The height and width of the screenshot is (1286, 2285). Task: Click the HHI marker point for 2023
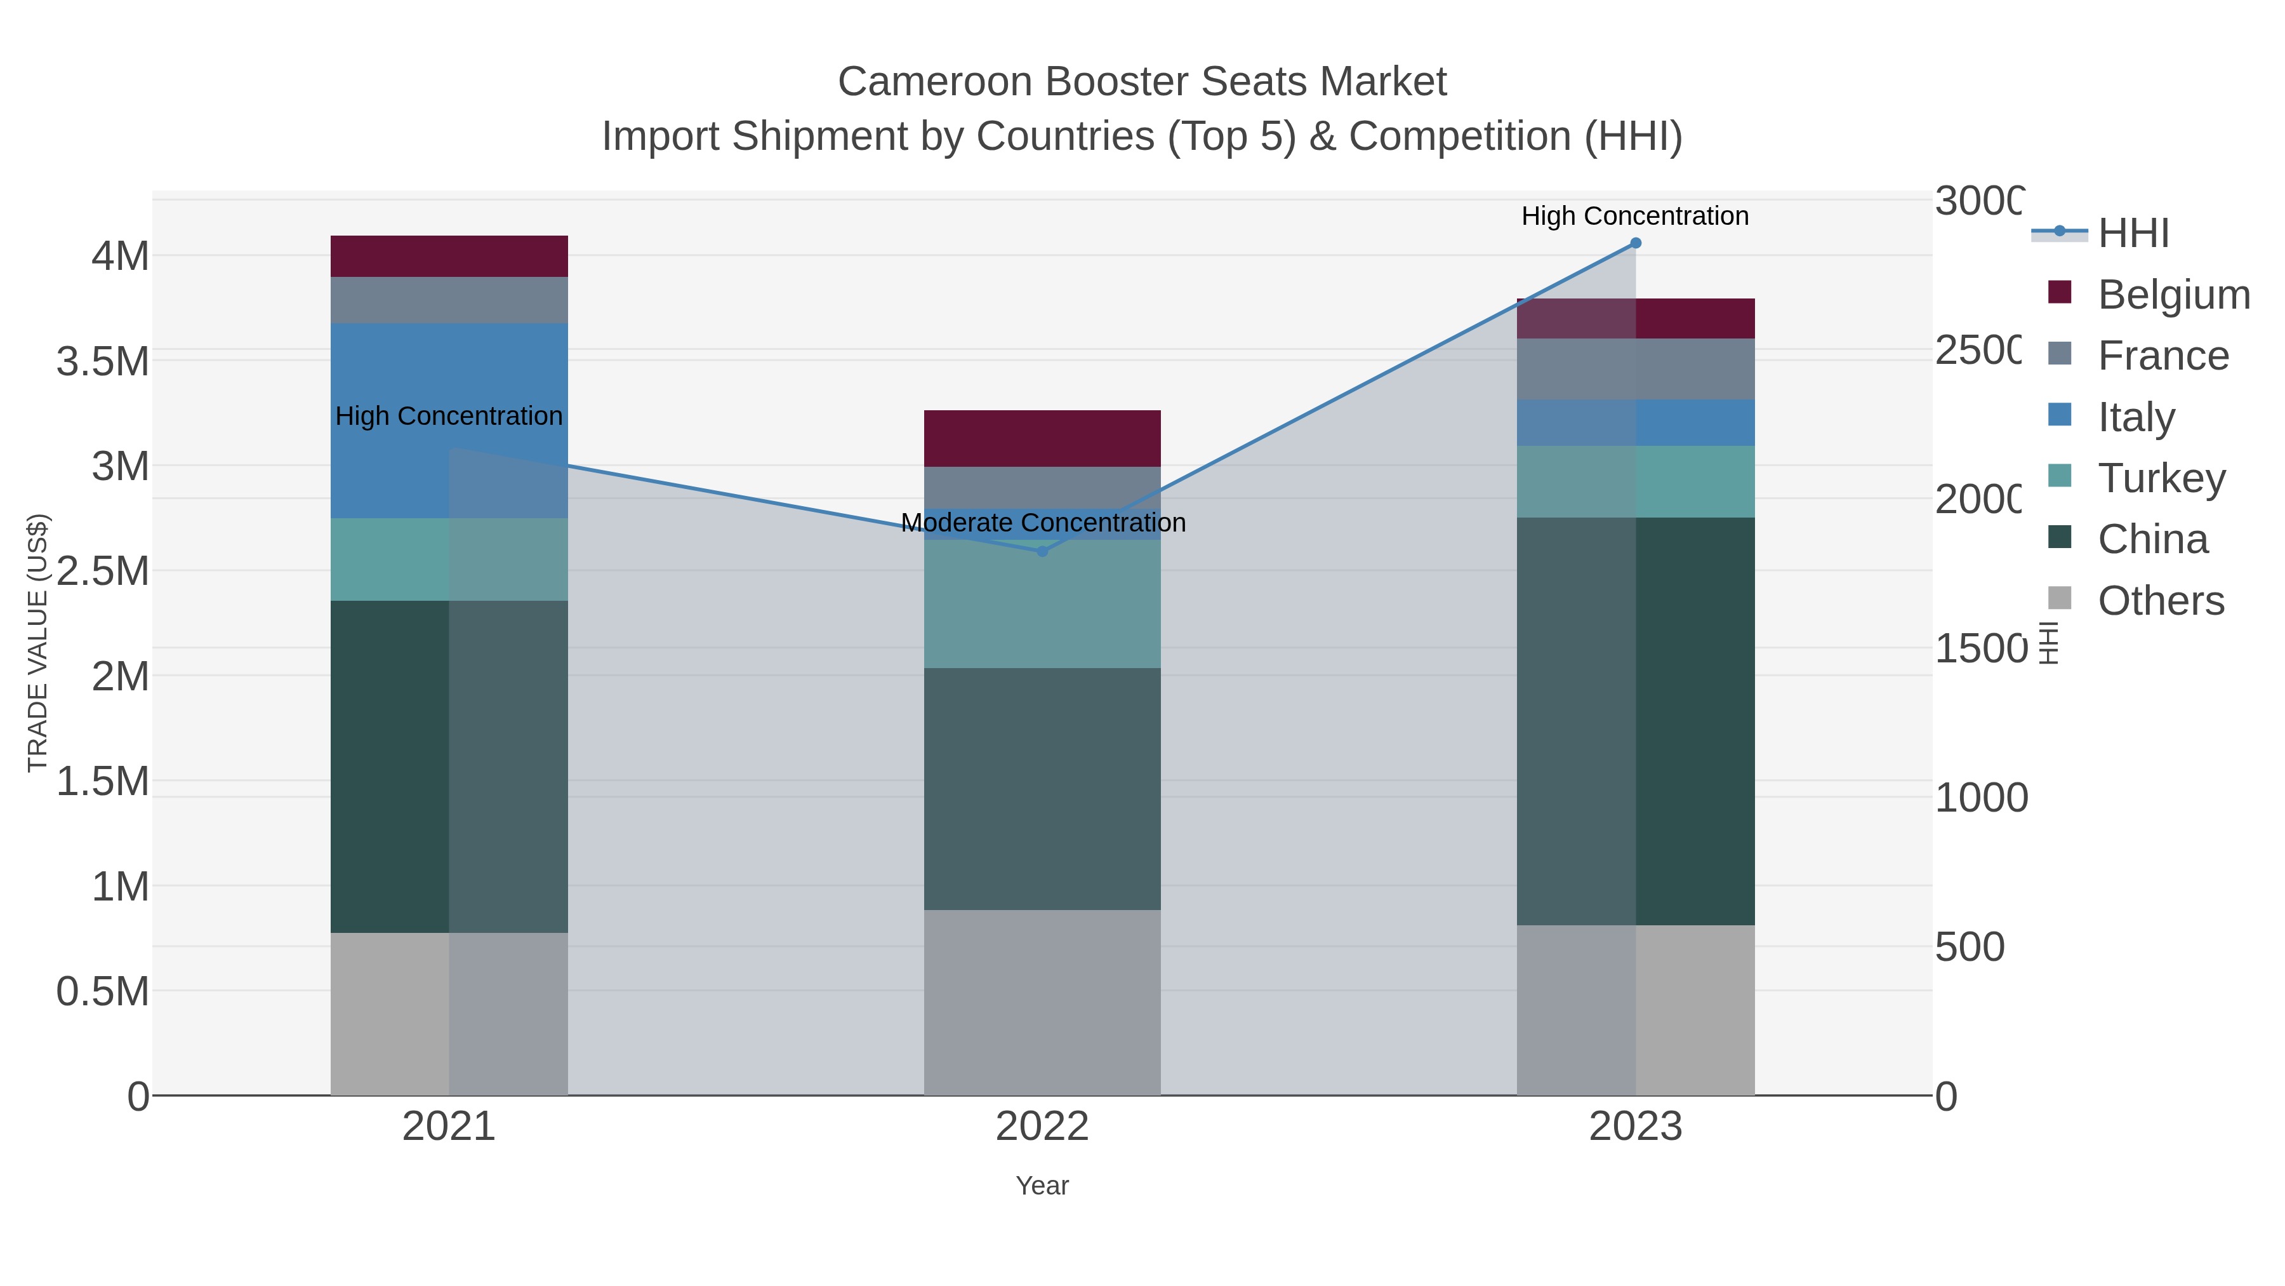1636,243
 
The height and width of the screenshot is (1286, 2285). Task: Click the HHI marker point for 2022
1042,551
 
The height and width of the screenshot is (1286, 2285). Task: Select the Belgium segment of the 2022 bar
1042,438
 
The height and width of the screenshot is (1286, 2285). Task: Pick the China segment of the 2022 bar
1042,788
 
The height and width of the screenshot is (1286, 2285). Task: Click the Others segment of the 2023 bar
1636,1010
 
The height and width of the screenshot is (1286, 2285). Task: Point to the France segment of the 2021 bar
449,300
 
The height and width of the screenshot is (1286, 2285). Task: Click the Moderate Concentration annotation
1042,523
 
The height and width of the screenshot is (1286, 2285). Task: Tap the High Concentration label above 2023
1635,216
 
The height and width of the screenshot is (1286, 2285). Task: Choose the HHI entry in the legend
2133,232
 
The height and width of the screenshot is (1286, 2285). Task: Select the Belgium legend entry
2173,294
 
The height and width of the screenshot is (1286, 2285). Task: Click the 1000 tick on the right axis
1980,797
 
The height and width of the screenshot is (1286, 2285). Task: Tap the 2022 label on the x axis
1042,1126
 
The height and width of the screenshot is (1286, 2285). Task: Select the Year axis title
1042,1185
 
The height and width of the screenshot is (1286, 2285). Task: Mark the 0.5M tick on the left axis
102,991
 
